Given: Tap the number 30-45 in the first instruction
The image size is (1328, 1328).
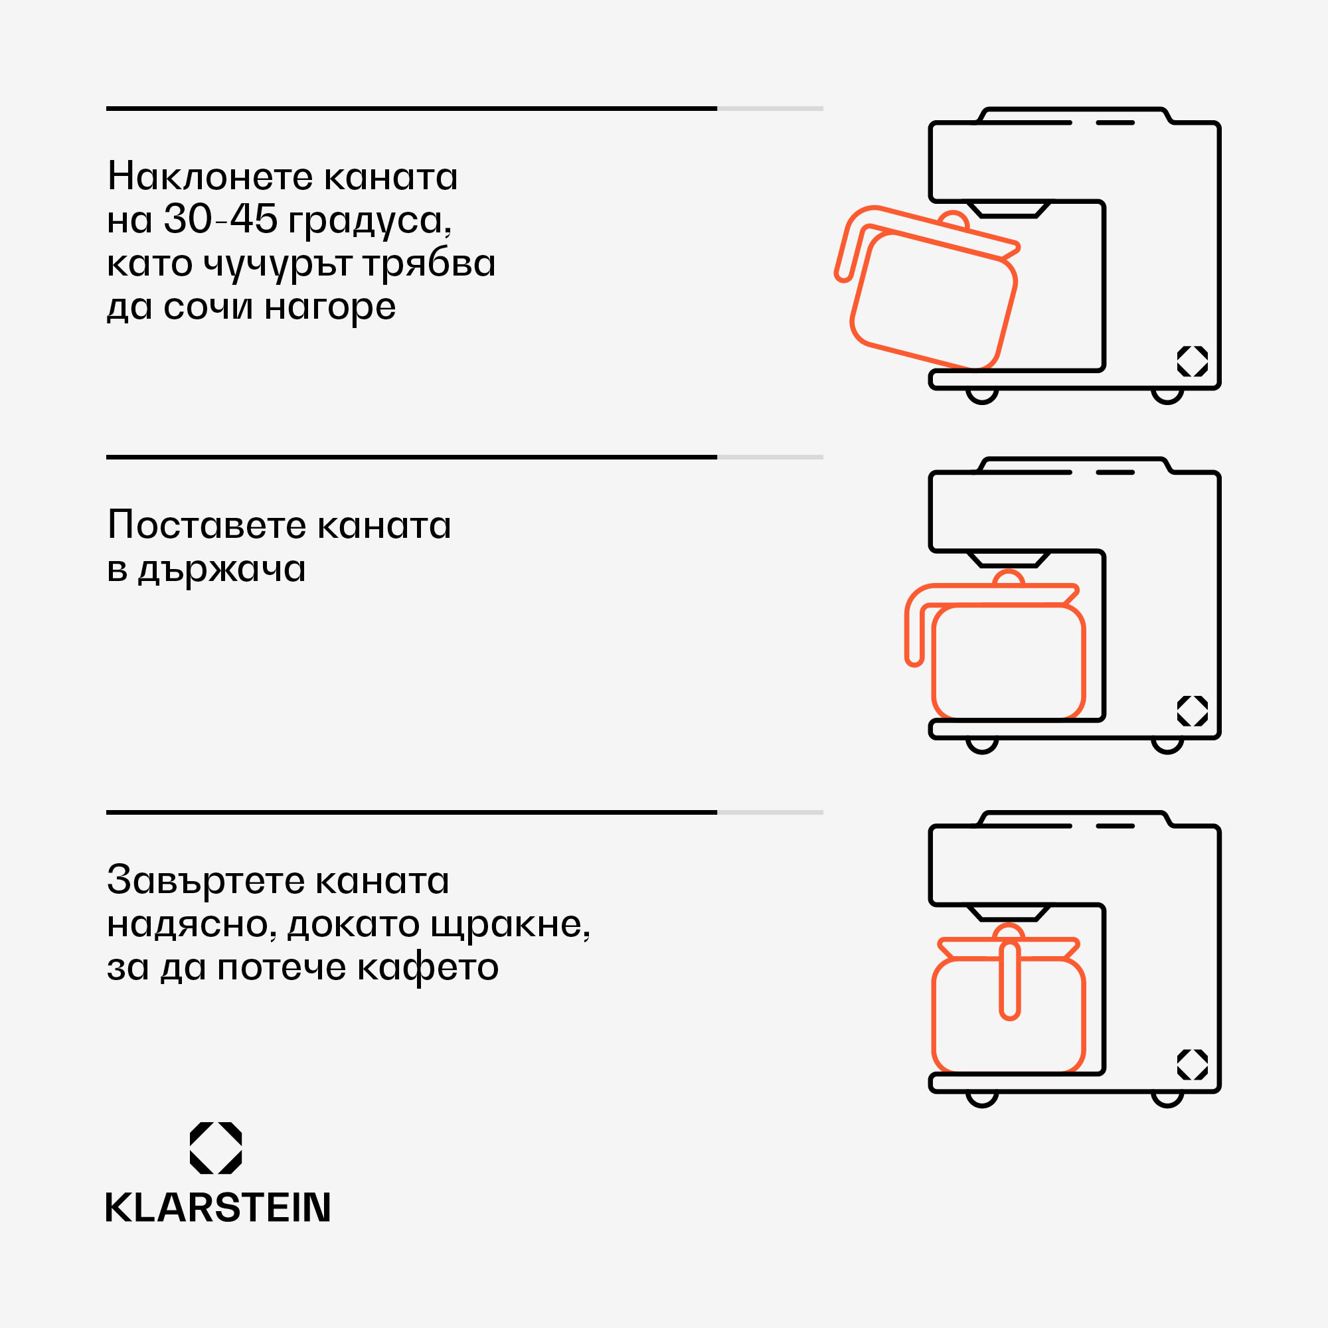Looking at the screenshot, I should (x=220, y=220).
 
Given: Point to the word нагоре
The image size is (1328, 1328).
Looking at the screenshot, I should (x=330, y=307).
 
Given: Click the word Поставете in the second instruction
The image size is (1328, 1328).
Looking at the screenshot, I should (x=207, y=526).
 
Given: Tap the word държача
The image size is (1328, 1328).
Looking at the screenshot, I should (x=221, y=570).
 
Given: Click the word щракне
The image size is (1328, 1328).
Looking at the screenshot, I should (x=509, y=924).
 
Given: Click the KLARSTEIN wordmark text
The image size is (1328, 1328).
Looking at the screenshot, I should (x=218, y=1208).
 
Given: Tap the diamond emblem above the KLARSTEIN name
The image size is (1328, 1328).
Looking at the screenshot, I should (x=216, y=1148).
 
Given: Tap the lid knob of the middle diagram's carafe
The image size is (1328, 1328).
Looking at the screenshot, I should (x=1009, y=578).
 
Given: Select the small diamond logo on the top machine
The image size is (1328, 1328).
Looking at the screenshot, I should (x=1193, y=361).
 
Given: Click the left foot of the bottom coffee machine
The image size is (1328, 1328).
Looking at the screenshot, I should (x=981, y=1098).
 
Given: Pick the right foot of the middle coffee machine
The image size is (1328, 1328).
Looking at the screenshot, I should (x=1167, y=745).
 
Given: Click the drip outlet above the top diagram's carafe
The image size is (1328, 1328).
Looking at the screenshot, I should (x=1009, y=209).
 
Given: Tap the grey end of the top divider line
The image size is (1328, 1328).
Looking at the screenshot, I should (x=770, y=109).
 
